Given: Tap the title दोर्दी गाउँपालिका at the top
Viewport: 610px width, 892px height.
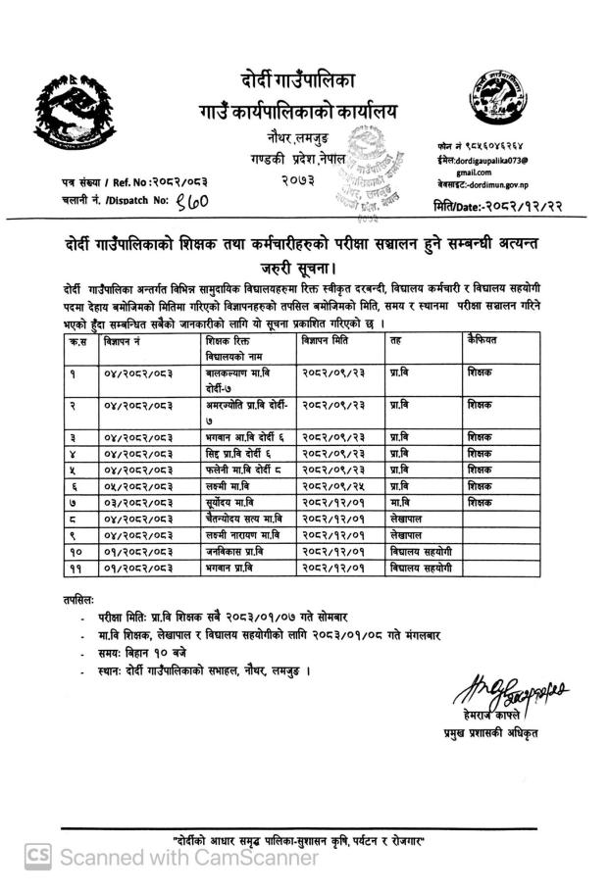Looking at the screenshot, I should point(305,79).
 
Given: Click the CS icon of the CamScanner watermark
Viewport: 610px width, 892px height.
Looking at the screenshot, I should point(37,858).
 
